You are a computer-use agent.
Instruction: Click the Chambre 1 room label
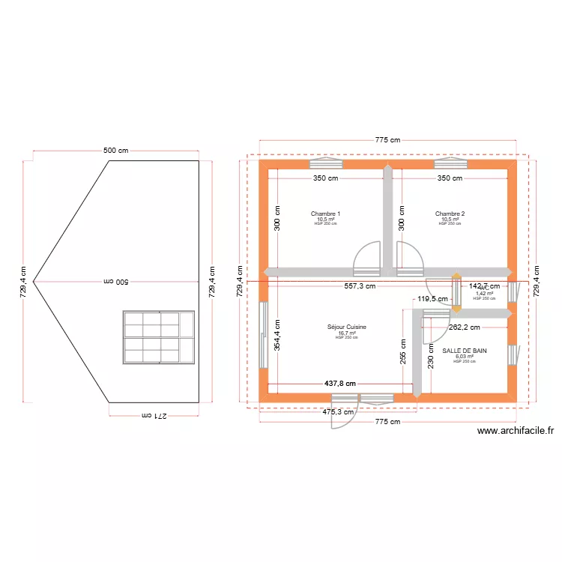point(326,214)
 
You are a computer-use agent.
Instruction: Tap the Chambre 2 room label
point(450,214)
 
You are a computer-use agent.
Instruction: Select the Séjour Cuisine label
point(346,327)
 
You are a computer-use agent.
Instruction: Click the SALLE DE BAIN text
point(464,351)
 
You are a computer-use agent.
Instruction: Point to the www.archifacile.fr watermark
point(515,431)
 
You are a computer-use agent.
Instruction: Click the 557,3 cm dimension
point(360,285)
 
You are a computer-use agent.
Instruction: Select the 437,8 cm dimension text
point(339,383)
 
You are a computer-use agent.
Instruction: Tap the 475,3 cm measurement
point(339,411)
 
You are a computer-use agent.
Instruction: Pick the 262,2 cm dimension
point(465,327)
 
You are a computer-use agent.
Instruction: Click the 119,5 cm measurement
point(433,299)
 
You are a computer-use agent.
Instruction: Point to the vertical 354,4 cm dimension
point(277,336)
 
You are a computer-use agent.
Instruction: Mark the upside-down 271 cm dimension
point(154,414)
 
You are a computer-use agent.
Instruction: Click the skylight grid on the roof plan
point(159,337)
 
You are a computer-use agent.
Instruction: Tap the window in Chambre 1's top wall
point(326,162)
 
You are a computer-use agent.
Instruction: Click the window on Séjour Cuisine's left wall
point(263,335)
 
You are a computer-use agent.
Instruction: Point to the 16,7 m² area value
point(346,333)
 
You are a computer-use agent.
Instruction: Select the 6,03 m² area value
point(464,357)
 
